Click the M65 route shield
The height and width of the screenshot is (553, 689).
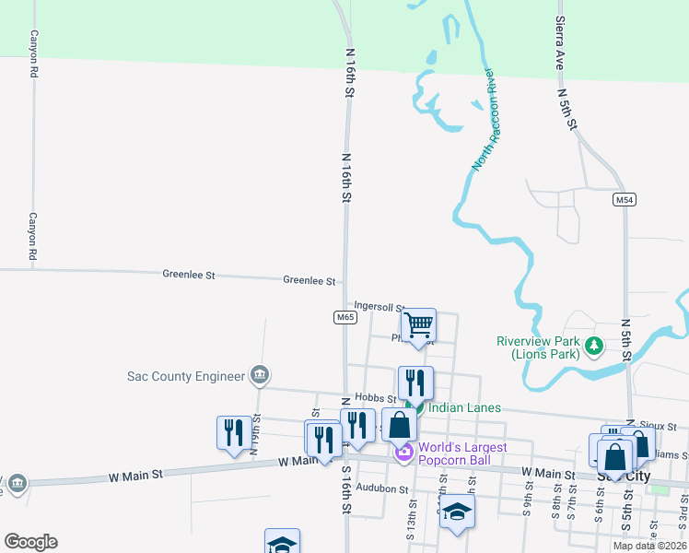tap(344, 317)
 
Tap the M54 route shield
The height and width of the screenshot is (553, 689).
tap(625, 199)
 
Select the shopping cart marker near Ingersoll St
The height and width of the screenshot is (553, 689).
tap(418, 325)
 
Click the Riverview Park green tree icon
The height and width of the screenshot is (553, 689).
tap(594, 347)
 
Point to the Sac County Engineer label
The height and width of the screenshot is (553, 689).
tap(185, 375)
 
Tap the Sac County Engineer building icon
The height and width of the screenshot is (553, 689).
tap(260, 374)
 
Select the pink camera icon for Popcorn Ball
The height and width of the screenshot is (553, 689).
tap(403, 453)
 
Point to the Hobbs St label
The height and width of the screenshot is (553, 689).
tap(375, 398)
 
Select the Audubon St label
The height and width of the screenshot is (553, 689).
tap(381, 488)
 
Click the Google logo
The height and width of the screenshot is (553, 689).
tap(30, 542)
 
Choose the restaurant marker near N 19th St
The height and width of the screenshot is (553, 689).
tap(232, 432)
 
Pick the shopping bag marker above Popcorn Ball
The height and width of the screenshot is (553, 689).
tap(399, 426)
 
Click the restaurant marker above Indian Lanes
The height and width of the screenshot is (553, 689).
tap(415, 382)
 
